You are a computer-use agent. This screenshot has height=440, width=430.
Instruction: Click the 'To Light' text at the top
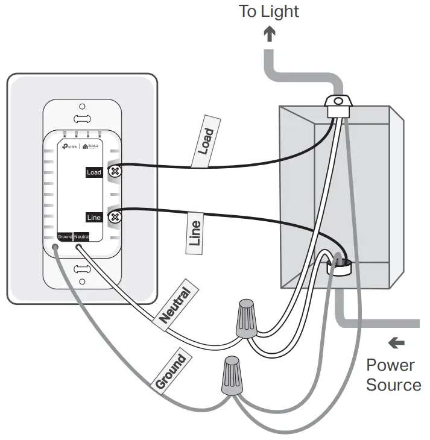[269, 11]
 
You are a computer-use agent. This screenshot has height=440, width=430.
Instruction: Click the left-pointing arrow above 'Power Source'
[396, 343]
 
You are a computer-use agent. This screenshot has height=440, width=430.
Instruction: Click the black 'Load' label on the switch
[94, 172]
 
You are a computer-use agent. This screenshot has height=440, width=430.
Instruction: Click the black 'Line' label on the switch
[94, 217]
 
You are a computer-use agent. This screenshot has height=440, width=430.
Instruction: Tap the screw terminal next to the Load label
[114, 171]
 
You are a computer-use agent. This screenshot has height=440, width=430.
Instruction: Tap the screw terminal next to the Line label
[114, 216]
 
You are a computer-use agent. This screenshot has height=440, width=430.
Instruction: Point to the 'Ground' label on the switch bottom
[65, 237]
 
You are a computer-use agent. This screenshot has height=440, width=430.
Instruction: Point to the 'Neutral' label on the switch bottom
[81, 237]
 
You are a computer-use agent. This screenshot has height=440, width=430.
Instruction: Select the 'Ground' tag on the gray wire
[171, 372]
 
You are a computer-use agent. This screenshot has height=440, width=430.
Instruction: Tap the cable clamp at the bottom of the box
[339, 264]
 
